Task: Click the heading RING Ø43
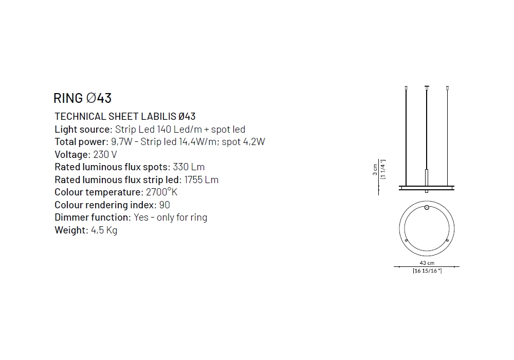pos(83,98)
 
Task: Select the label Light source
pos(83,129)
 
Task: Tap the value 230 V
pos(105,154)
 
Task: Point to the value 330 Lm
pos(189,167)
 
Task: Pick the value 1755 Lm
pos(201,179)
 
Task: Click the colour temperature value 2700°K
pos(161,192)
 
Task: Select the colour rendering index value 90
pos(164,205)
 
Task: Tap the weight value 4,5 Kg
pos(104,230)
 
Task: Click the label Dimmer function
pos(93,218)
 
